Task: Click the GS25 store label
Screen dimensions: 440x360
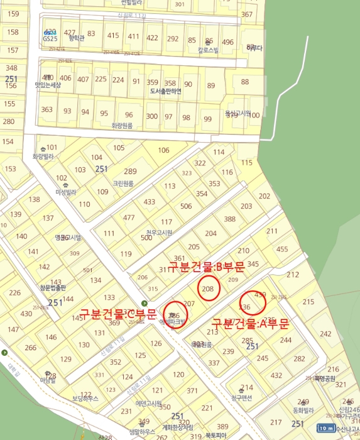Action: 50,38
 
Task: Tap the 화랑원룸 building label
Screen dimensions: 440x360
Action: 123,126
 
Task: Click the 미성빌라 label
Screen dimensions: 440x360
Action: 65,192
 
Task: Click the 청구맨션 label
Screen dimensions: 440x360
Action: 241,398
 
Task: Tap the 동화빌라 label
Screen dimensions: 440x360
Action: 303,410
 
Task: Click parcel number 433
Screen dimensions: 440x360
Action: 149,202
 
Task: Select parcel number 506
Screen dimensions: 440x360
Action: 185,206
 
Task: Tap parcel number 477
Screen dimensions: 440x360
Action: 129,217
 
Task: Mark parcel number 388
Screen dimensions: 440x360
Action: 230,219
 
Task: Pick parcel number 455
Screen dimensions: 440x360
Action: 282,249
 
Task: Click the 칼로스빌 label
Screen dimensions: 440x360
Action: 208,49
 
